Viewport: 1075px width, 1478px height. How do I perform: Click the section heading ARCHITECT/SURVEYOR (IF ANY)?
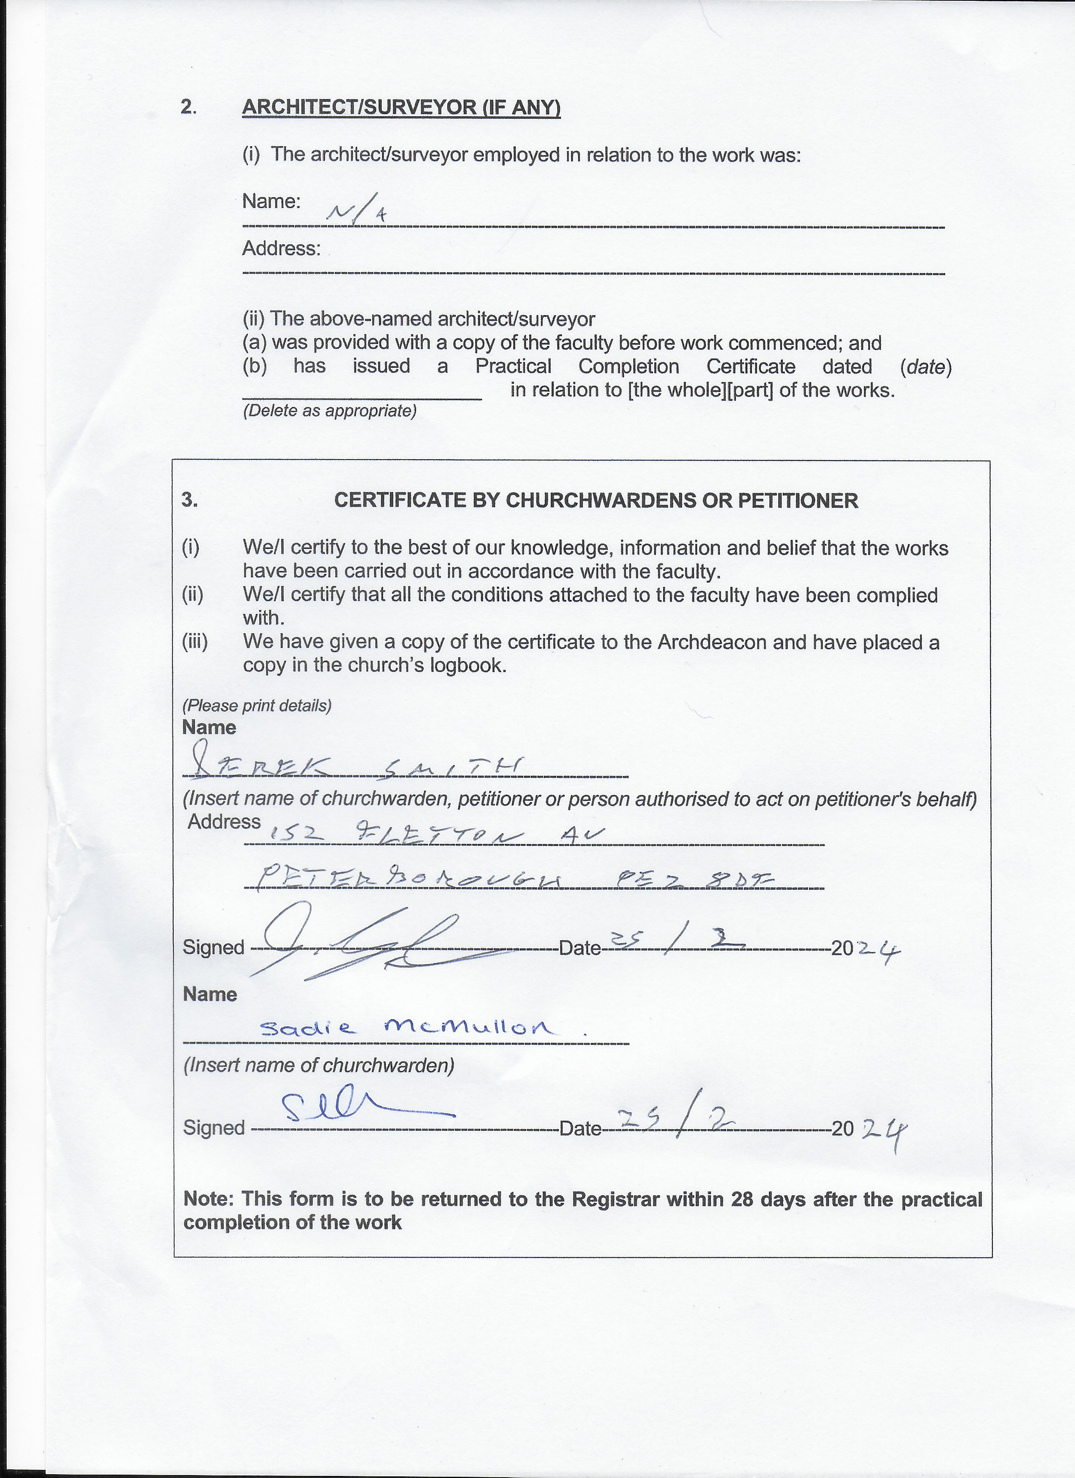coord(401,107)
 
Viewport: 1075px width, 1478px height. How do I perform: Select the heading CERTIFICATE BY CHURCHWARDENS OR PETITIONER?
coord(596,501)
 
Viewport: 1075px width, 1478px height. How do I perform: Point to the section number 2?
coord(188,107)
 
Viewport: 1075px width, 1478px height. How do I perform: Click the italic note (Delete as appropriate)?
coord(329,411)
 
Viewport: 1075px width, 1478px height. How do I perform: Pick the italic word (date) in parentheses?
coord(925,367)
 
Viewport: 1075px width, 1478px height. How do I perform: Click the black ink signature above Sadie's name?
coord(365,942)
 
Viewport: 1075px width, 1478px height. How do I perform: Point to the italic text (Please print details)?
coord(257,706)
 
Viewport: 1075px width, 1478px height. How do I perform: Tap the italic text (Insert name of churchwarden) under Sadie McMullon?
coord(319,1066)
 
